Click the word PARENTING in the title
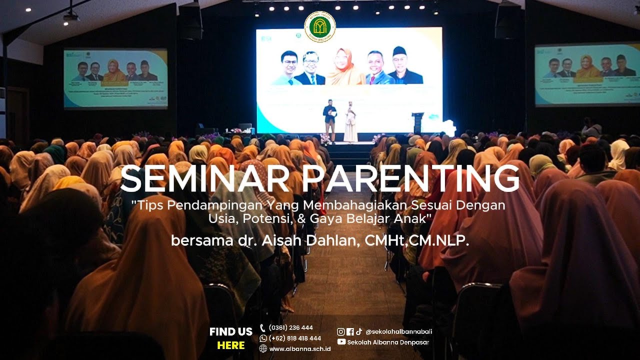tap(411, 178)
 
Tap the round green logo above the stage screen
tap(320, 26)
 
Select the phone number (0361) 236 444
tap(290, 328)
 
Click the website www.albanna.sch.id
tap(299, 348)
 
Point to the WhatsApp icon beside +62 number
tap(263, 338)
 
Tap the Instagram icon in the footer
tap(340, 331)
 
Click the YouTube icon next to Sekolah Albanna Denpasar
tap(341, 342)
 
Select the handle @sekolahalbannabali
tap(399, 331)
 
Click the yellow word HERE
tap(231, 345)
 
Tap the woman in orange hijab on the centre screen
tap(345, 67)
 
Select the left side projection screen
tap(115, 78)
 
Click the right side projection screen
tap(587, 74)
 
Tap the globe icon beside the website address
tap(263, 348)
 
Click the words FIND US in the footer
tap(231, 331)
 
